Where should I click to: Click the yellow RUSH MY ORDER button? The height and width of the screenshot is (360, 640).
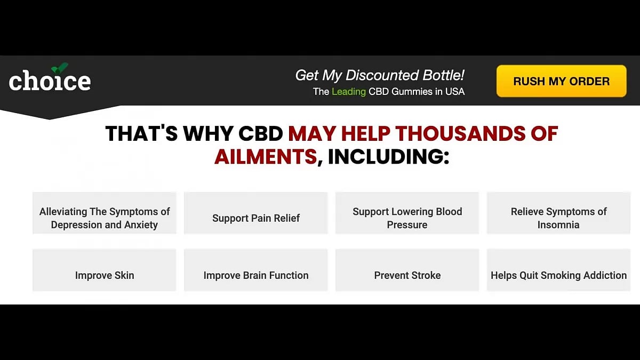(561, 81)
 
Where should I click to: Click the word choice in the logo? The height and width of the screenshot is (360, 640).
(50, 82)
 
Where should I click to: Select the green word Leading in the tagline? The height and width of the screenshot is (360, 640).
(348, 92)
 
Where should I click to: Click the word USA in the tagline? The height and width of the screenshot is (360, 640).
(455, 92)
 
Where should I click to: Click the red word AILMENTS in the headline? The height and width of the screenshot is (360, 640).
(266, 157)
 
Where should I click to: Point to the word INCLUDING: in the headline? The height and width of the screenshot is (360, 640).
(388, 157)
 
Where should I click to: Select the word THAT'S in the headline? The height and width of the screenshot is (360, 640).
(141, 133)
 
